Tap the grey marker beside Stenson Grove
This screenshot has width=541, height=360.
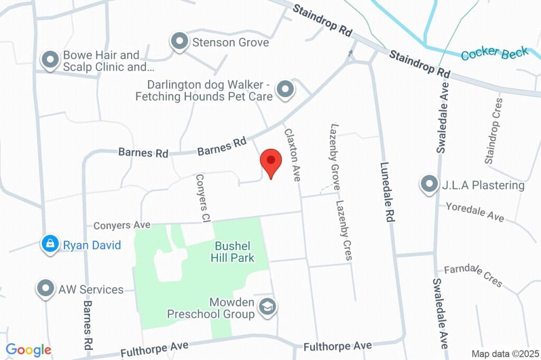[180, 41]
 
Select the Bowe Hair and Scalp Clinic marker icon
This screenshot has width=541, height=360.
[50, 60]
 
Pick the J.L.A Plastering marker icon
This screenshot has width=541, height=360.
[428, 184]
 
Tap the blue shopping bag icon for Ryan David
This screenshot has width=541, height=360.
[50, 244]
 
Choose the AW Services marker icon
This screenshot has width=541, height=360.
[46, 288]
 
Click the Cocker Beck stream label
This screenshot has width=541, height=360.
[495, 53]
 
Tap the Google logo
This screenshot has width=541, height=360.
[29, 349]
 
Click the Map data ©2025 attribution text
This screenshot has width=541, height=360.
[505, 354]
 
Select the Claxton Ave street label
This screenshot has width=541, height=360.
[292, 155]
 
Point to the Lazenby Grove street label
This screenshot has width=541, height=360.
[334, 156]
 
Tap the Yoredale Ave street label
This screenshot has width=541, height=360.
[474, 211]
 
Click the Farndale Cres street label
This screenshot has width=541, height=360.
[473, 275]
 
